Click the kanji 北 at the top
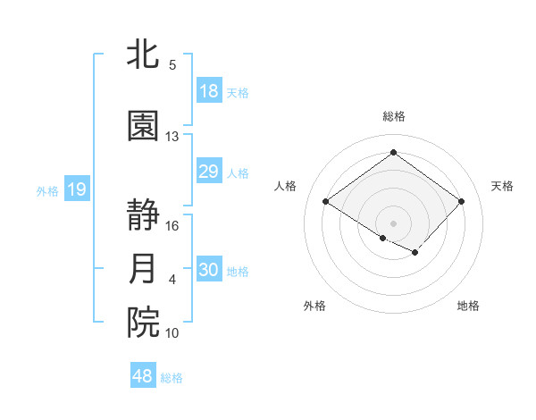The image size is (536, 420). (144, 55)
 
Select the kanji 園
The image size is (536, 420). (144, 126)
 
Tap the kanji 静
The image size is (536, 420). (144, 215)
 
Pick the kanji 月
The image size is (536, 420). (144, 269)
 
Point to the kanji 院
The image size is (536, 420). (144, 323)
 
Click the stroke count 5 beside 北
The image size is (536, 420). (172, 65)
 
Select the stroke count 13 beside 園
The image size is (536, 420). (172, 137)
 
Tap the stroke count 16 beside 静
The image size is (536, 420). (172, 226)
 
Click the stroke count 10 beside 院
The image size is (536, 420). (172, 333)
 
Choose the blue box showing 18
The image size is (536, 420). (209, 90)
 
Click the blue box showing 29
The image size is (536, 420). (209, 172)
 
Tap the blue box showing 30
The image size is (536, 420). (209, 270)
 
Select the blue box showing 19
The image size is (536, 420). (76, 189)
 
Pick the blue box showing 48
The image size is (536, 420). (143, 376)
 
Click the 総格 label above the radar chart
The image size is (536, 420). (393, 116)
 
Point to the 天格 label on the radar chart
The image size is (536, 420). (502, 186)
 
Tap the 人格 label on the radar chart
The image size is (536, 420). (285, 186)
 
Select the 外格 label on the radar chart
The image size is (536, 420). (314, 306)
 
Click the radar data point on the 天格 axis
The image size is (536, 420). (461, 201)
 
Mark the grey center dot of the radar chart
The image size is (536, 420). (393, 223)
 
